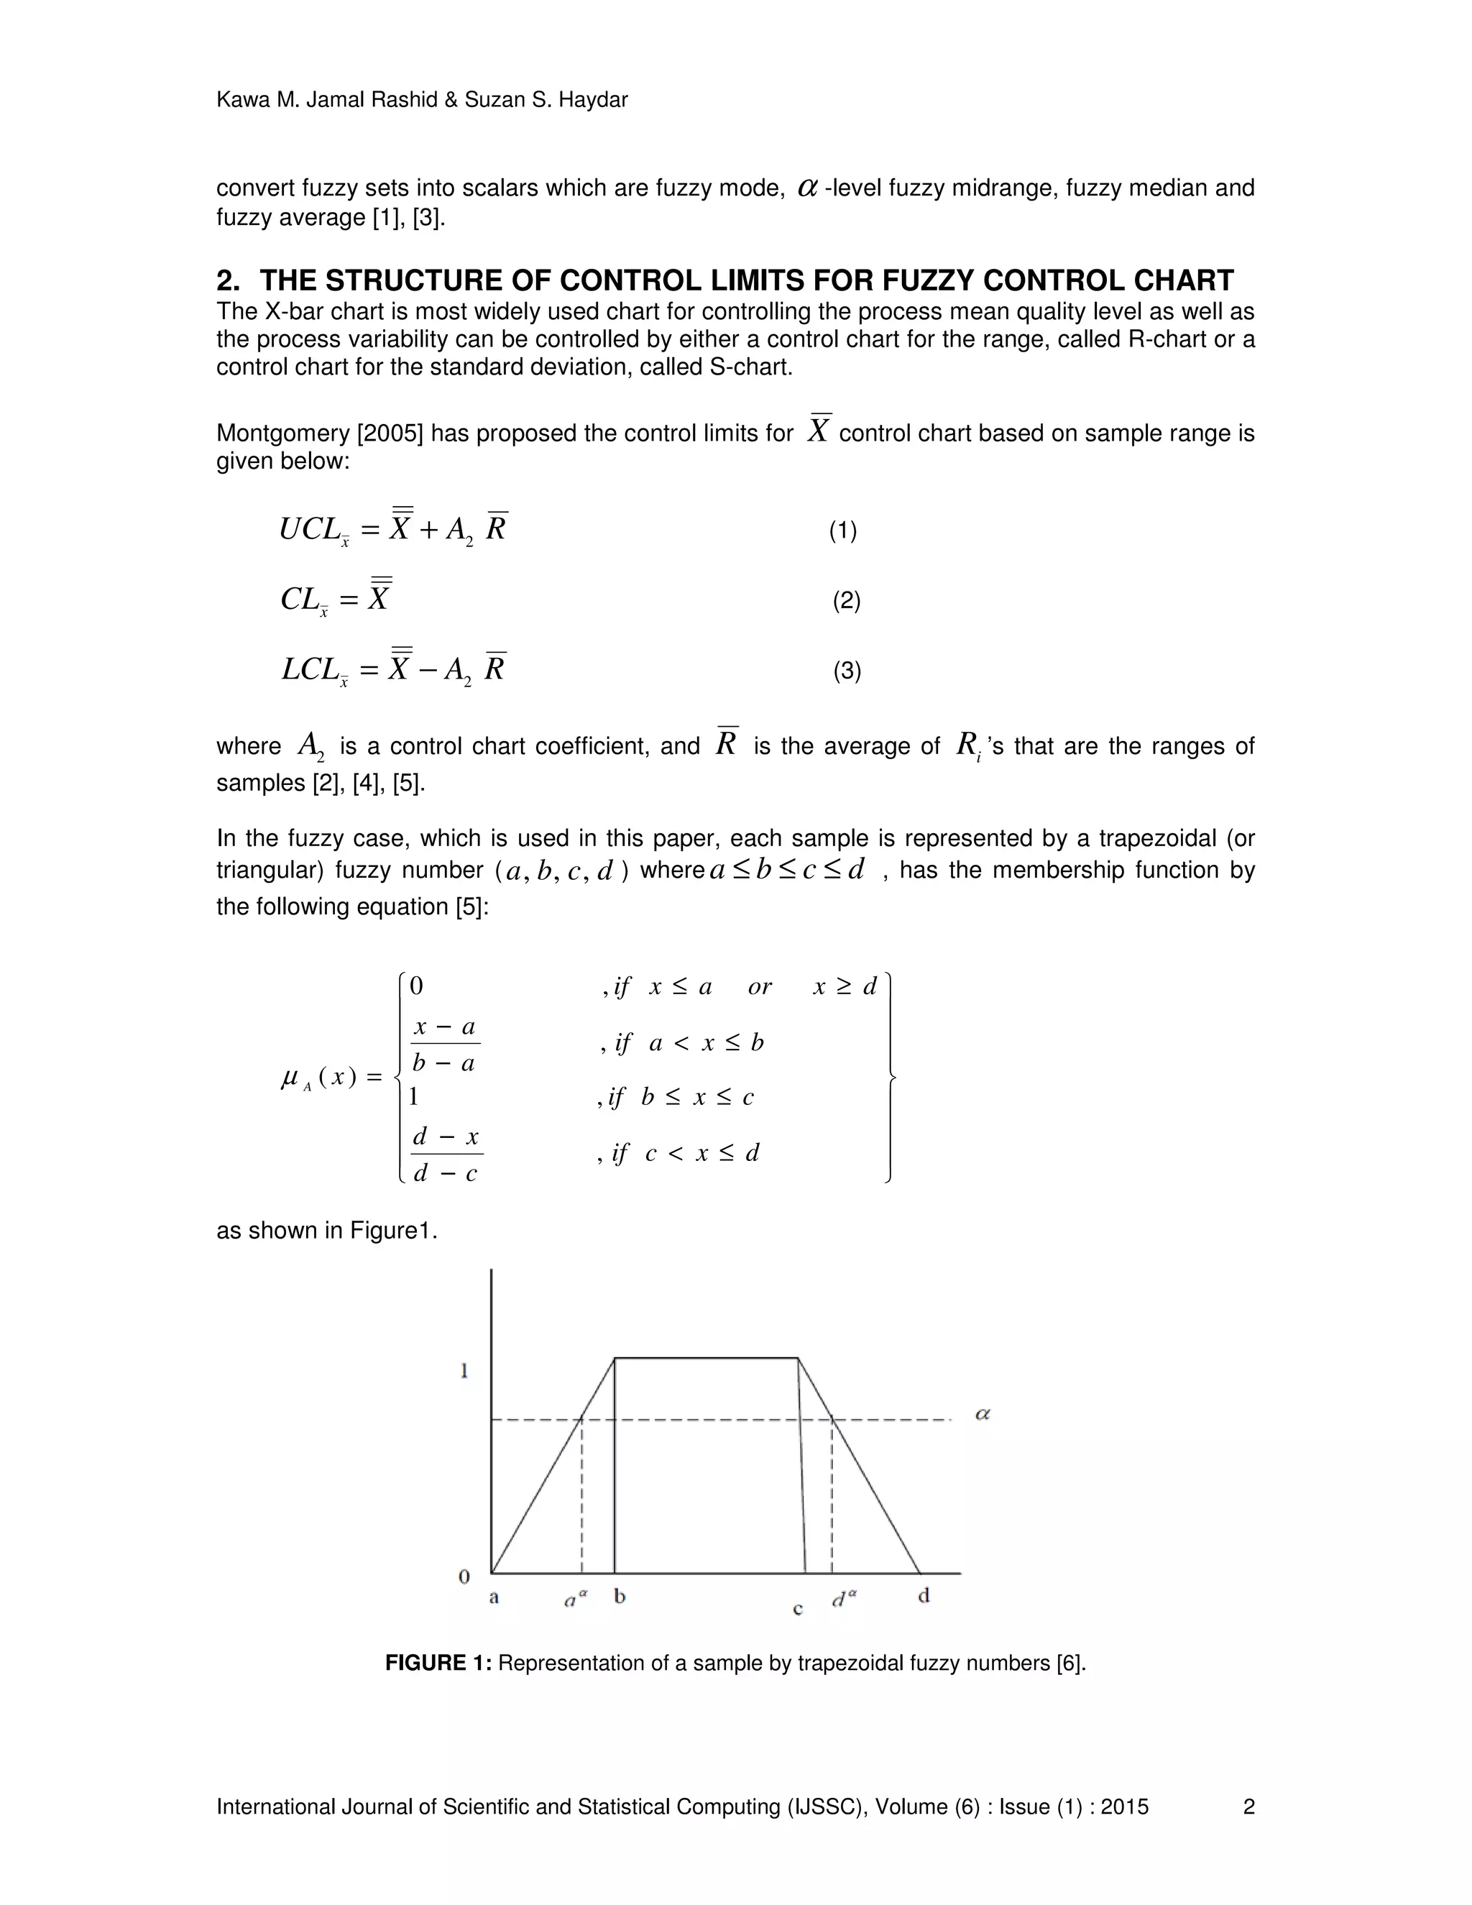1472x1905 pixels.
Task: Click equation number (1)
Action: pos(842,531)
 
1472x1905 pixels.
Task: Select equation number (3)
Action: pos(847,671)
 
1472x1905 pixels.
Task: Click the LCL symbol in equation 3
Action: pos(310,670)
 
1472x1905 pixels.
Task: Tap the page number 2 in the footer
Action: pos(1248,1807)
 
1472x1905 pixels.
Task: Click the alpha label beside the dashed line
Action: pos(982,1414)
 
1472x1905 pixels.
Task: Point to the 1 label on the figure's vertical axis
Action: pos(464,1371)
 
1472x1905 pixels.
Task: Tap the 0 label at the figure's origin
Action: pos(464,1576)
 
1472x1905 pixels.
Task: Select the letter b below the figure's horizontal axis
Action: pos(620,1597)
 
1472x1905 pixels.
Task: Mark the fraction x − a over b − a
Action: pos(445,1044)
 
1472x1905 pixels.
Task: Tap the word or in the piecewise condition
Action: pos(760,986)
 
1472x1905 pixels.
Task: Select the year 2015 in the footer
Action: pos(1124,1807)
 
